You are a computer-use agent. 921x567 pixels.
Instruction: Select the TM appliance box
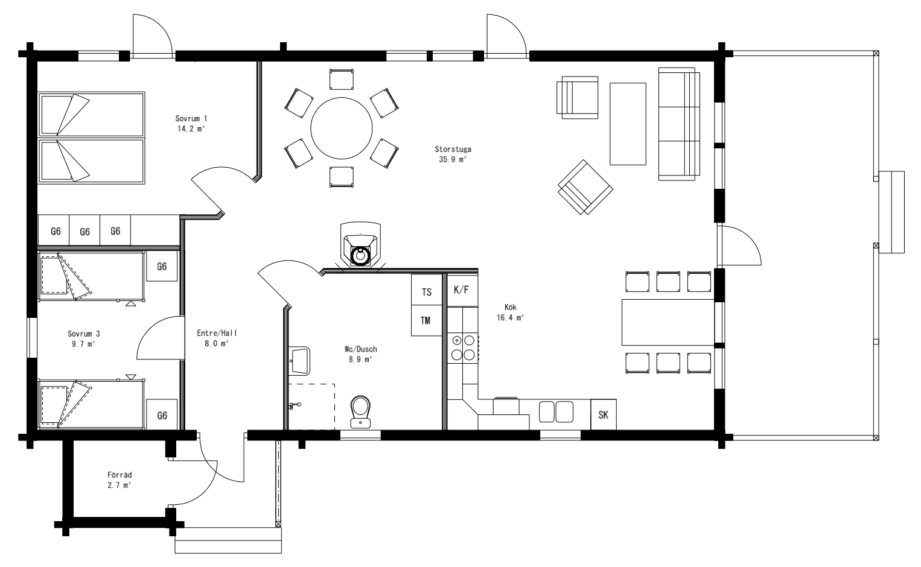click(x=426, y=320)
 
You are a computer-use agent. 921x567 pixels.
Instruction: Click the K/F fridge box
click(x=462, y=290)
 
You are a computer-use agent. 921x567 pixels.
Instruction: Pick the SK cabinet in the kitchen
click(x=603, y=414)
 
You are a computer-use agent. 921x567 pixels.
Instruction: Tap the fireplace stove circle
click(x=360, y=256)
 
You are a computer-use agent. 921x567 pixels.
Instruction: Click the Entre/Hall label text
click(x=217, y=333)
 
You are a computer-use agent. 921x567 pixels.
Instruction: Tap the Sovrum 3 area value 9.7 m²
click(x=83, y=344)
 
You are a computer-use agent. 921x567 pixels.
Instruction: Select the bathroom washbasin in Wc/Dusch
click(x=300, y=361)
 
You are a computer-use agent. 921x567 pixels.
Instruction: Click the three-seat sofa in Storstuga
click(x=679, y=124)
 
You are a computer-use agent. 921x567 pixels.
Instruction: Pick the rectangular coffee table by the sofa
click(x=628, y=124)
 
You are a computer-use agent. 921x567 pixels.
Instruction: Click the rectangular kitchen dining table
click(x=668, y=322)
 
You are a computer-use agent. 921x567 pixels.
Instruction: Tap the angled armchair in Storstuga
click(x=585, y=187)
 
